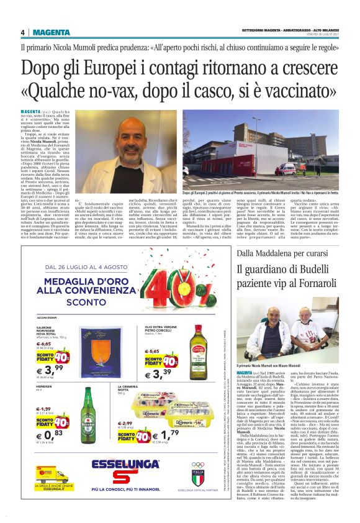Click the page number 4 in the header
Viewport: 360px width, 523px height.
coord(23,32)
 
